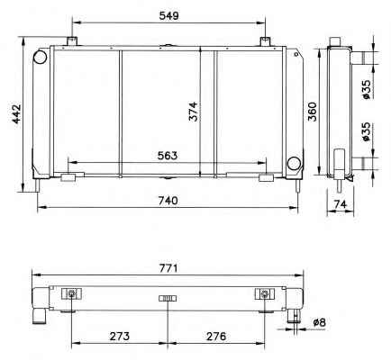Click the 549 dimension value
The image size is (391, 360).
tap(168, 15)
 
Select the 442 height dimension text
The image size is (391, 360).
tap(16, 113)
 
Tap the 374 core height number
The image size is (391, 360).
tap(194, 112)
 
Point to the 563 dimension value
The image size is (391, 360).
tap(168, 156)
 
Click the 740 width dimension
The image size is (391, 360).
tap(168, 201)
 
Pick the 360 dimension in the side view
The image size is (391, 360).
tap(313, 112)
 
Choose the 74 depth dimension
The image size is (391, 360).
tap(341, 204)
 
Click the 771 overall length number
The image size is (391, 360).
tap(168, 268)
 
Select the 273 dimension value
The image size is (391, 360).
tap(120, 337)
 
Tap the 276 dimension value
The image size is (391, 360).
tap(216, 337)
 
